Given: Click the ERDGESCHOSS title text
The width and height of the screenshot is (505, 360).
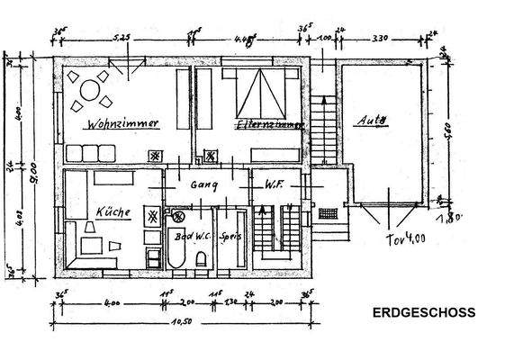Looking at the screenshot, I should pyautogui.click(x=424, y=314).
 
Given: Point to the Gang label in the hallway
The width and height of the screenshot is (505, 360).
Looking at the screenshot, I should pyautogui.click(x=205, y=184).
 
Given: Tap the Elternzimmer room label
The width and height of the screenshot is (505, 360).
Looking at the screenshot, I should pyautogui.click(x=266, y=125).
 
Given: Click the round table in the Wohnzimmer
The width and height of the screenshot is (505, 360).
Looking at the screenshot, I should pyautogui.click(x=90, y=90).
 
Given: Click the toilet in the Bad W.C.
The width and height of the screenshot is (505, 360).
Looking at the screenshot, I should pyautogui.click(x=203, y=257).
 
